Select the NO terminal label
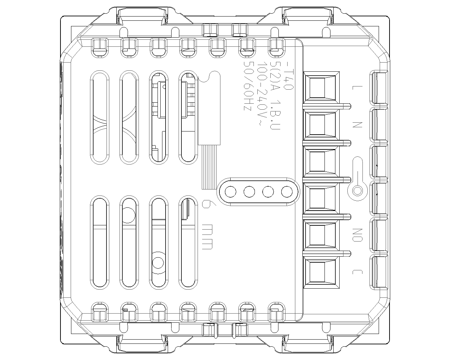(357, 235)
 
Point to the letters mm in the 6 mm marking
(207, 237)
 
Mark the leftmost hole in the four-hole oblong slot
(230, 192)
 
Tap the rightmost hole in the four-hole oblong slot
(287, 192)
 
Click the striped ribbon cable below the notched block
(209, 167)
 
